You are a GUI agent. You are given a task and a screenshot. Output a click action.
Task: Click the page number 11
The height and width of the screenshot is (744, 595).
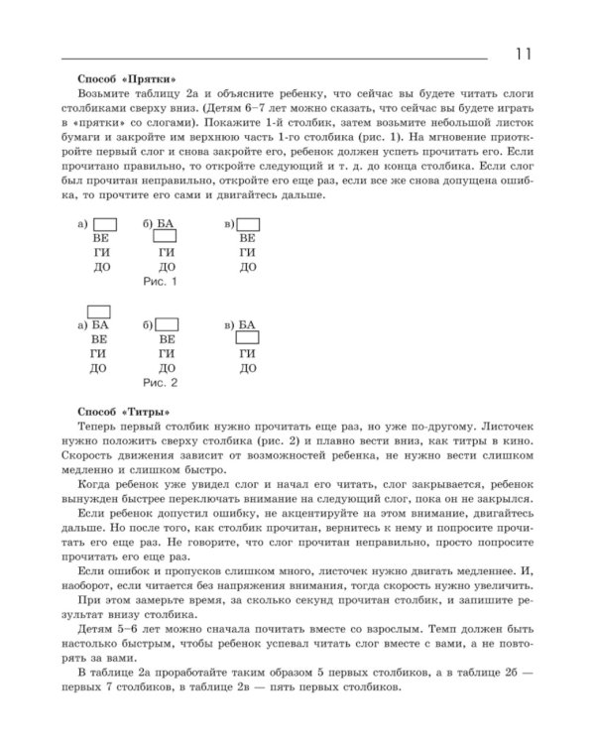[x=525, y=54]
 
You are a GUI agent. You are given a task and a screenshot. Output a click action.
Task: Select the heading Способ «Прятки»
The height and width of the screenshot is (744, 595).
[x=126, y=78]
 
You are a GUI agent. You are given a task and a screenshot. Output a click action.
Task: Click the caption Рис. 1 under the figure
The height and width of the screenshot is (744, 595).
[x=161, y=283]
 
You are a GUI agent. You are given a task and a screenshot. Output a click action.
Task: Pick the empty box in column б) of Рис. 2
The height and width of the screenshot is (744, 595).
[x=168, y=324]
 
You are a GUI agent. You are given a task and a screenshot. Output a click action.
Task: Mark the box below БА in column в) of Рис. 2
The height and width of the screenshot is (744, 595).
[x=247, y=338]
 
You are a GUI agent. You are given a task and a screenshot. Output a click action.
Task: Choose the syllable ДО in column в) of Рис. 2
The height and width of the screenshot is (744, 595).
[x=247, y=367]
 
